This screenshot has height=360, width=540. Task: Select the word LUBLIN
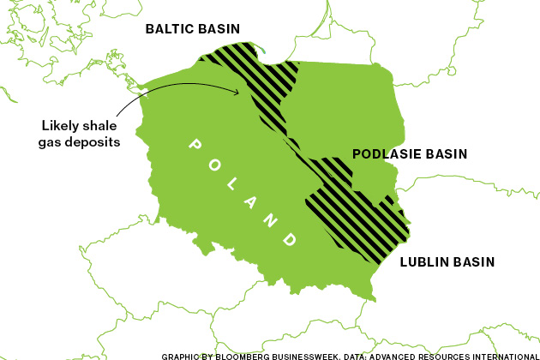point(425,262)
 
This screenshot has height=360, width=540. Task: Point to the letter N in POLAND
point(270,219)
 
